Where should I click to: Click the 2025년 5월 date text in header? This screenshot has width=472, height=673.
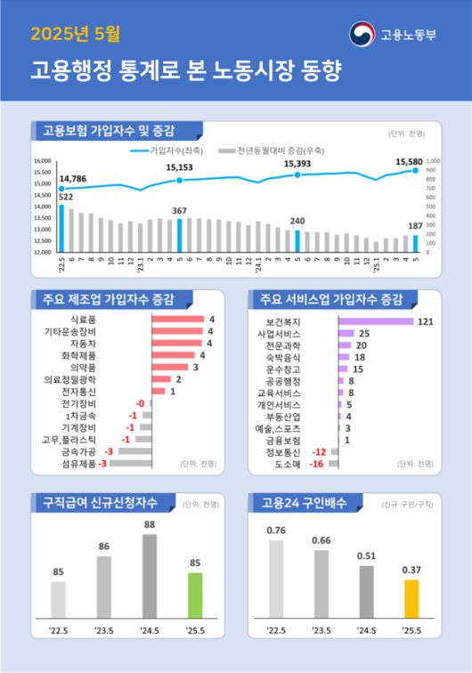[x=75, y=36]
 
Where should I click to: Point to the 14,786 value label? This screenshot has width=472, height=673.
[x=73, y=178]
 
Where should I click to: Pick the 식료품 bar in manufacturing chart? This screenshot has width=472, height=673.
[x=178, y=319]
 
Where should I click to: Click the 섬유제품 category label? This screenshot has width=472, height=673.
[x=78, y=463]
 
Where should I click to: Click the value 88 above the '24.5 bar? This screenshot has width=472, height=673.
[x=149, y=525]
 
